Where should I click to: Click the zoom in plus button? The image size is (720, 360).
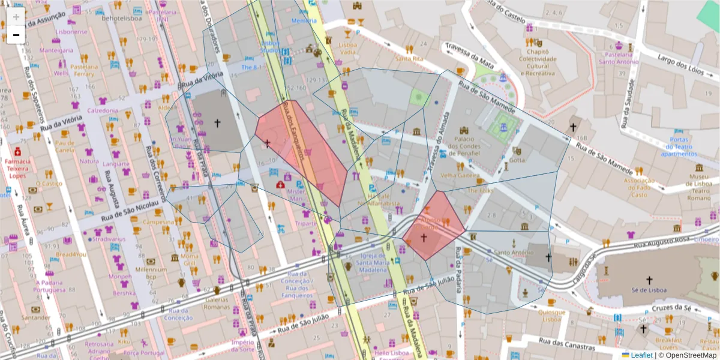pyautogui.click(x=16, y=17)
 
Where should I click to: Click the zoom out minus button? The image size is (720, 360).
pyautogui.click(x=16, y=35)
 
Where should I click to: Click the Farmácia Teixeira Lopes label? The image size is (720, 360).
pyautogui.click(x=17, y=169)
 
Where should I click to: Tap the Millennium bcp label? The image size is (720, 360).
pyautogui.click(x=151, y=274)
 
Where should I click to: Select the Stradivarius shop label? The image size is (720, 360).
pyautogui.click(x=110, y=238)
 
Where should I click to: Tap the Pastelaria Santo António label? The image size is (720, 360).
pyautogui.click(x=618, y=58)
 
